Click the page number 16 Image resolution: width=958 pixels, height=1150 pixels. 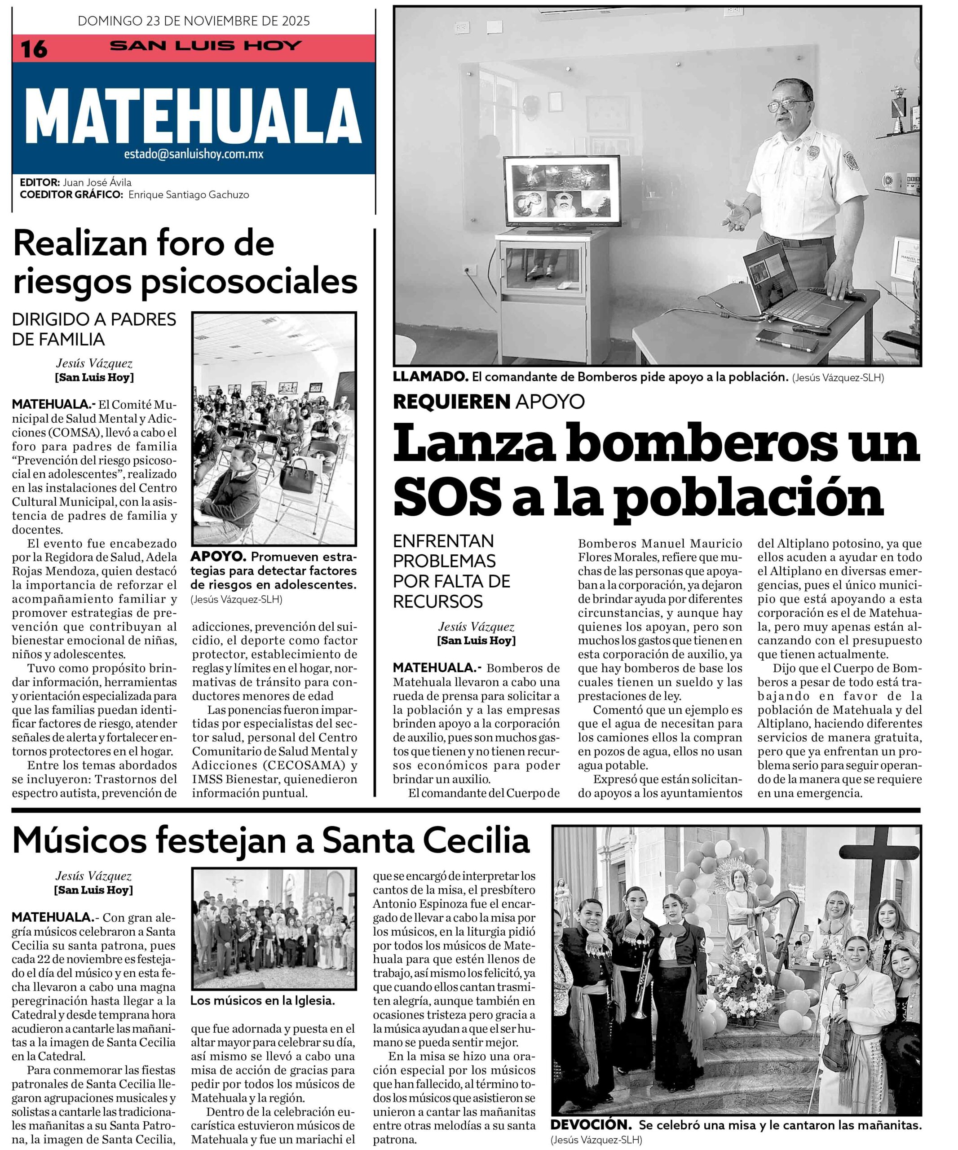34,49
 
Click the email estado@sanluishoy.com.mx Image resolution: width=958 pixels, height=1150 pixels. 193,155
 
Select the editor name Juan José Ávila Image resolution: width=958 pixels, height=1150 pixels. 97,182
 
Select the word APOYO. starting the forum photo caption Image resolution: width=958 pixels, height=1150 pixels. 217,557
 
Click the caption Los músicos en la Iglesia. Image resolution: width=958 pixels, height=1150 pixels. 262,1000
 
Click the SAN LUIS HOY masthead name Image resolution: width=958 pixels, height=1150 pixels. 206,45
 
